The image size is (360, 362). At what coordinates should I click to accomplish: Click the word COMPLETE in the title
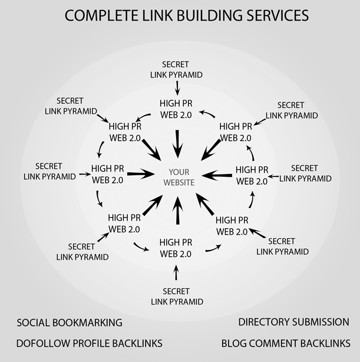pos(95,15)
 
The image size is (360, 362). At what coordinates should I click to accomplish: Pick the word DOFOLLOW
pos(45,343)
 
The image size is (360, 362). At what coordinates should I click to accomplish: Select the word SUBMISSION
pos(323,322)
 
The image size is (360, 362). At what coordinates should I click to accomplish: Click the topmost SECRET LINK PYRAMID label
pos(177,70)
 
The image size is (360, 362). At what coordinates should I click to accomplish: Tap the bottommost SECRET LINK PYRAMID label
pos(177,297)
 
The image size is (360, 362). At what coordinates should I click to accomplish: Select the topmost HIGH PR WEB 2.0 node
pos(176,108)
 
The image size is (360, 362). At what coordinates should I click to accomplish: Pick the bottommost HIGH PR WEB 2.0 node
pos(176,248)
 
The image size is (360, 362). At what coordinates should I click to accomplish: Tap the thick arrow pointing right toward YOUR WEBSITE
pos(139,174)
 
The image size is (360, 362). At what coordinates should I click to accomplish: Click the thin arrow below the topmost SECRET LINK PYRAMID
pos(177,88)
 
